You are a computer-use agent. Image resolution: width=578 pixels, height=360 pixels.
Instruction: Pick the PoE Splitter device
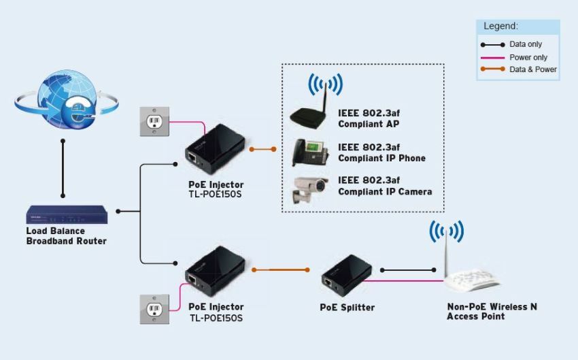[x=347, y=276]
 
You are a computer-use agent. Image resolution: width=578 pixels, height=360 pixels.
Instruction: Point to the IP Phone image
[x=309, y=152]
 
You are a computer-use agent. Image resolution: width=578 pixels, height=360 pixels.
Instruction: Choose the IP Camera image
[x=310, y=189]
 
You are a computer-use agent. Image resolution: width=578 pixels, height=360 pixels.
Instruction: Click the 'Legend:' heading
[x=501, y=26]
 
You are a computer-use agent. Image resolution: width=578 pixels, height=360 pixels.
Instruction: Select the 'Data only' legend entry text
[x=526, y=44]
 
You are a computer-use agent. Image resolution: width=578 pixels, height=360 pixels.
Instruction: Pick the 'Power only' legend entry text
[x=528, y=57]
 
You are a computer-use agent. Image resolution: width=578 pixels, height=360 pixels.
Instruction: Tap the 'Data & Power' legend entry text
[x=533, y=69]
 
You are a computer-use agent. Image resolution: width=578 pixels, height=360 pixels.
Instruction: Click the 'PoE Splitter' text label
[x=347, y=308]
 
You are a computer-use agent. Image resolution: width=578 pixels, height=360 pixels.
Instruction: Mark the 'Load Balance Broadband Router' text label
[x=66, y=236]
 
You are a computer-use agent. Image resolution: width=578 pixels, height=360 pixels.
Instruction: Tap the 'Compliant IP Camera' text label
[x=385, y=192]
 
